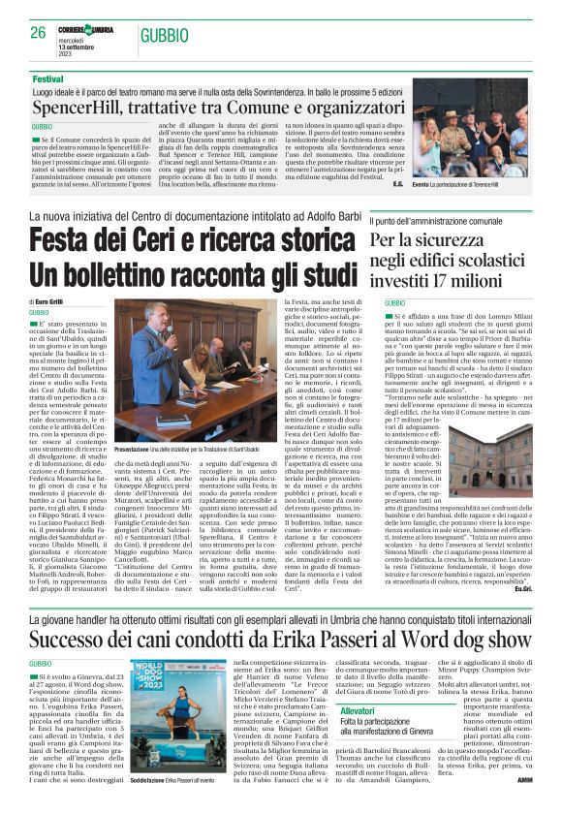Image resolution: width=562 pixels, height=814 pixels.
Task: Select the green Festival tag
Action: [x=47, y=78]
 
